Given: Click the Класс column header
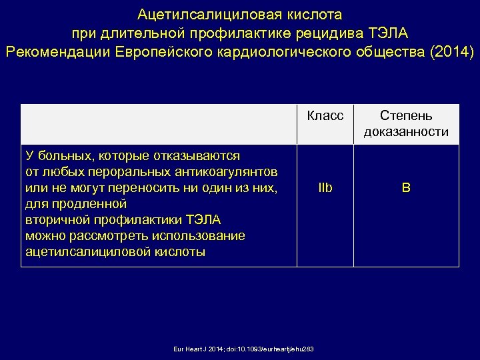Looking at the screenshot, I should [325, 115].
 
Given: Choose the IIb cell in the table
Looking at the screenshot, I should [325, 189].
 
